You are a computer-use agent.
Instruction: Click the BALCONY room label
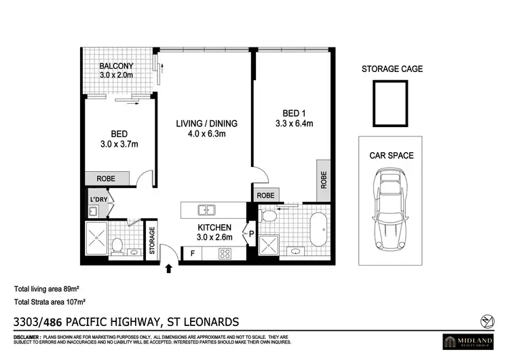tap(116, 66)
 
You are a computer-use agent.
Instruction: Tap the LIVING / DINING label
tap(206, 124)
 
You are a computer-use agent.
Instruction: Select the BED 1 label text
tap(294, 113)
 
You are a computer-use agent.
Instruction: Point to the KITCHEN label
tap(214, 227)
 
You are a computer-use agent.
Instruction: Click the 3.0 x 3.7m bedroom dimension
tap(119, 145)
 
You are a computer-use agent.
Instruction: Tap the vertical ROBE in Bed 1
tap(324, 179)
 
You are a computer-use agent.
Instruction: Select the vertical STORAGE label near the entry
tap(152, 240)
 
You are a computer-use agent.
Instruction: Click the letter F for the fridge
tap(193, 254)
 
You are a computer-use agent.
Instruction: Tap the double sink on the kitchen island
tap(206, 209)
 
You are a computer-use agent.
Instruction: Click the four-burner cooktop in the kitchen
tap(225, 254)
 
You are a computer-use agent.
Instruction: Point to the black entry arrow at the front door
tap(168, 271)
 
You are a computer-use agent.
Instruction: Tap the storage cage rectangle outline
tap(390, 103)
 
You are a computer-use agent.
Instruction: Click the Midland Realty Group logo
tap(470, 340)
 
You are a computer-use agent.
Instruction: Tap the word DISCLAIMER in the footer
tap(26, 337)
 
